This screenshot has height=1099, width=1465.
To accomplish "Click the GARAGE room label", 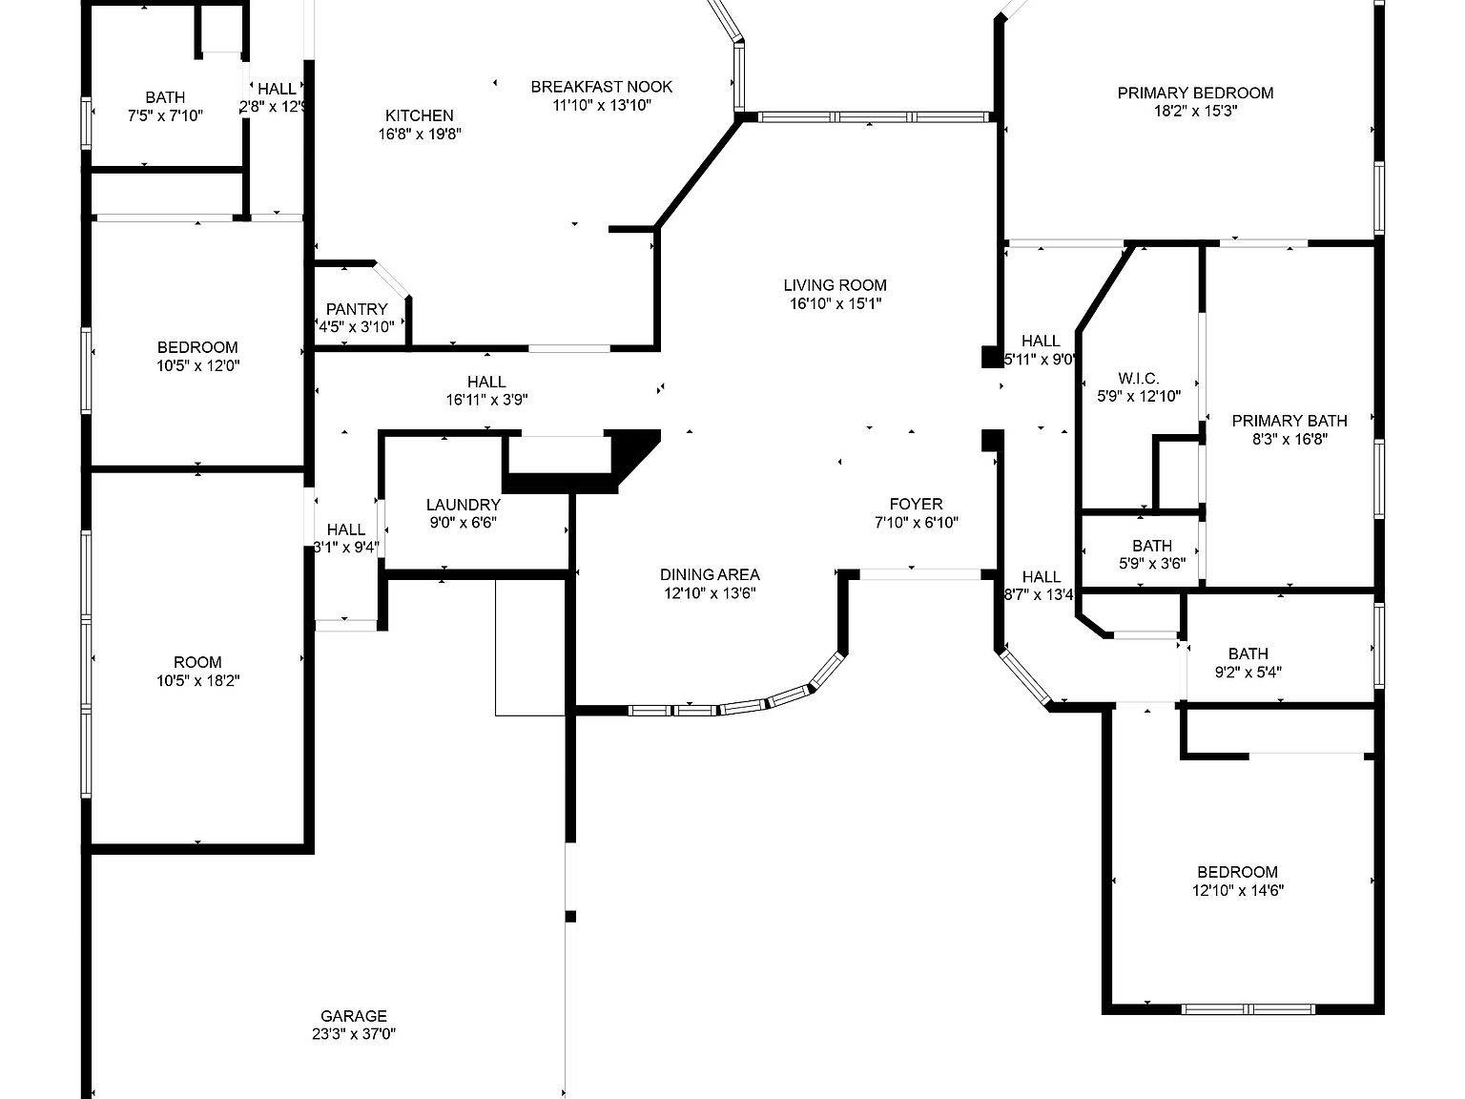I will [x=353, y=1016].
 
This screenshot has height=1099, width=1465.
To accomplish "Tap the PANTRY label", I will [x=357, y=309].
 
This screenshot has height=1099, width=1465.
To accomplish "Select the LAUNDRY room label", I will [x=463, y=505].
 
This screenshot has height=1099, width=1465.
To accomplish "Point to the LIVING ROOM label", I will [x=835, y=285].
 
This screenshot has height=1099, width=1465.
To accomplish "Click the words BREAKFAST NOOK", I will [x=601, y=87].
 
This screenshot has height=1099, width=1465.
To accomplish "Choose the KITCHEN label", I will [x=419, y=115].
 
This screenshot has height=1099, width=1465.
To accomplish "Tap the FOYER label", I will [x=916, y=504].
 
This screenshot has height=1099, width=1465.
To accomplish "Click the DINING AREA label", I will [x=710, y=574].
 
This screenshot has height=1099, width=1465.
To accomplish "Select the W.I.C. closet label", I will [x=1138, y=379].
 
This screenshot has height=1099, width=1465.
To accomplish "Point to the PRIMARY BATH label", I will [x=1289, y=421].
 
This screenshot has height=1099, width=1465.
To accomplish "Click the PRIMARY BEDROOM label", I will [x=1195, y=93].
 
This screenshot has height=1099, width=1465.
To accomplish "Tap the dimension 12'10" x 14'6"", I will [x=1237, y=890].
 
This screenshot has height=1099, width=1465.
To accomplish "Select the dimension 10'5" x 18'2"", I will [x=197, y=680].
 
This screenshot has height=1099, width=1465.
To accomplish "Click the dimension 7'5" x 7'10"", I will [x=165, y=115].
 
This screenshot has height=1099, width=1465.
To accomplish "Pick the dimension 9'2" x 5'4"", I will [x=1248, y=672].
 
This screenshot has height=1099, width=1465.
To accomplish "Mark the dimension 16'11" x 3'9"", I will [x=486, y=400].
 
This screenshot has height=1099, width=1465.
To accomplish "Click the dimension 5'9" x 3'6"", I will [x=1151, y=563].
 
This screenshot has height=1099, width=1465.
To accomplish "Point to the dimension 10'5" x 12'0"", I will [x=197, y=365].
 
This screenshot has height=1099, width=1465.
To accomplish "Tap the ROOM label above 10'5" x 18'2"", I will [x=197, y=662].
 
